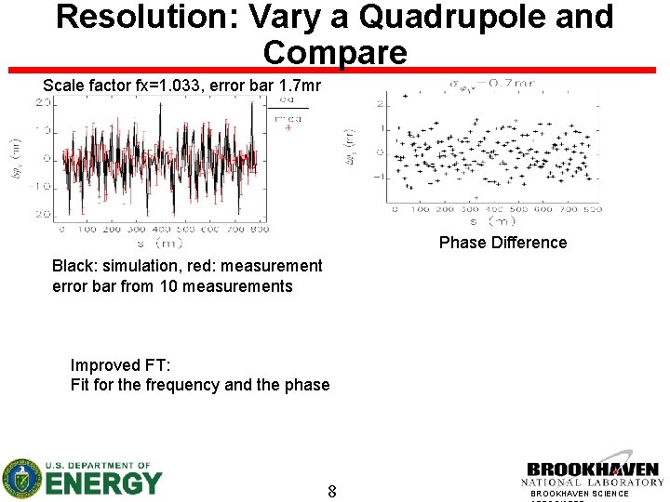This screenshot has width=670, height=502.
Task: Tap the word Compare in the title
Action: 335,52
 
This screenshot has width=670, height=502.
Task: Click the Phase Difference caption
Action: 502,243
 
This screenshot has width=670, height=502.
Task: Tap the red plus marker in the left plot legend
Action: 288,128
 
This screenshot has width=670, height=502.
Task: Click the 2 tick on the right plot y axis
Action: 380,103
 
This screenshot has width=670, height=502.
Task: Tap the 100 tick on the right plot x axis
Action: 421,209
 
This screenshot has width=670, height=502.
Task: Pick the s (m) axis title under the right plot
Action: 492,223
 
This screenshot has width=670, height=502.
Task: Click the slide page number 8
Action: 332,490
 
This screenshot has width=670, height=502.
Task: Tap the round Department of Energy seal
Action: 20,478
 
